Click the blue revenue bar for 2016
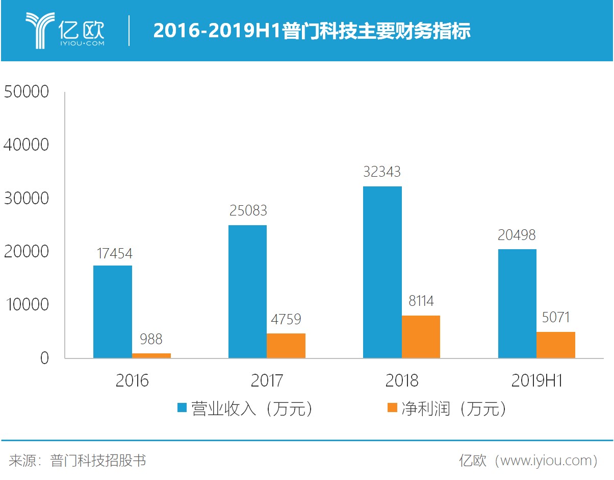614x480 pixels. click(113, 311)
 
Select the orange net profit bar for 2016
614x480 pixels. click(151, 355)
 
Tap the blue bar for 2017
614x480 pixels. click(247, 292)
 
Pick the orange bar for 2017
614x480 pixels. click(286, 346)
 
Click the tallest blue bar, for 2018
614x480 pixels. click(382, 272)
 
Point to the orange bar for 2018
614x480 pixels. click(421, 337)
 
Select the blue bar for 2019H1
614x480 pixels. click(517, 303)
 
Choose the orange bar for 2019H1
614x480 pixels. click(556, 345)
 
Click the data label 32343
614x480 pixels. click(382, 172)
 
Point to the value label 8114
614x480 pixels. click(421, 301)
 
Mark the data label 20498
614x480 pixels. click(517, 235)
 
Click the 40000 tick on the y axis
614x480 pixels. click(26, 145)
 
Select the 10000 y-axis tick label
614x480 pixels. click(26, 305)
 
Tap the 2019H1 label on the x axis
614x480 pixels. click(537, 380)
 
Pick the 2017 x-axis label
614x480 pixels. click(267, 380)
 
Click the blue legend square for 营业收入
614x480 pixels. click(182, 407)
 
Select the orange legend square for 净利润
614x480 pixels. click(392, 407)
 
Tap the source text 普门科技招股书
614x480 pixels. click(98, 461)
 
